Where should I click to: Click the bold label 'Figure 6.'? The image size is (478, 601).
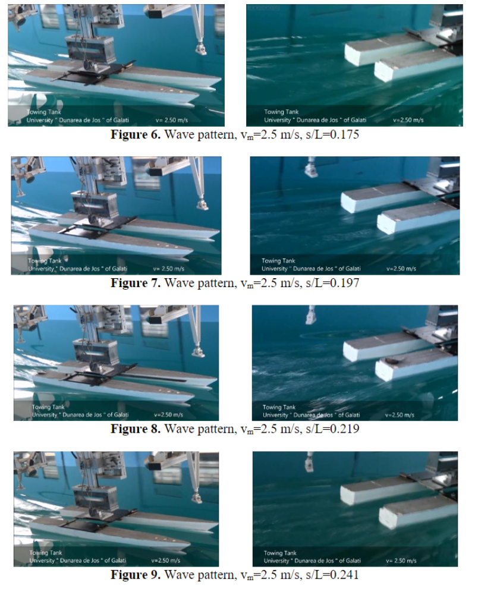136,134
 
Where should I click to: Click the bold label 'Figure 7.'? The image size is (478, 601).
136,283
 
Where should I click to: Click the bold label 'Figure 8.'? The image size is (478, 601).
136,429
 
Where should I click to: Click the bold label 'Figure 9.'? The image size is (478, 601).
136,575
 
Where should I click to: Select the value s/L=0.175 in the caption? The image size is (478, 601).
332,134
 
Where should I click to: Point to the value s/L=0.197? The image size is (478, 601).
332,283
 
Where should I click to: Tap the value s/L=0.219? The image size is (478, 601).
332,429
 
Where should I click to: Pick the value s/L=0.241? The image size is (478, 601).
332,575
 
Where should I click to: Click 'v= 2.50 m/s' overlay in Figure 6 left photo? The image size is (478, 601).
172,120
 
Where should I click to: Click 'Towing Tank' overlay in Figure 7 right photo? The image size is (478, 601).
278,260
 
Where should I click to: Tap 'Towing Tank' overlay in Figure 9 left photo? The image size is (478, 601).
46,553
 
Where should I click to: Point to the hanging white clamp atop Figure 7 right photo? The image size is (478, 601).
311,169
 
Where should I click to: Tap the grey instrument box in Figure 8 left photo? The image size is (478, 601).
95,351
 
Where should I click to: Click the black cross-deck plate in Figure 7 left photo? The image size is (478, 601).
98,227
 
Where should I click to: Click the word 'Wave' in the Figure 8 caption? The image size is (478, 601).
180,429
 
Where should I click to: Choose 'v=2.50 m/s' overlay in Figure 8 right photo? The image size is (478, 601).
400,415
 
